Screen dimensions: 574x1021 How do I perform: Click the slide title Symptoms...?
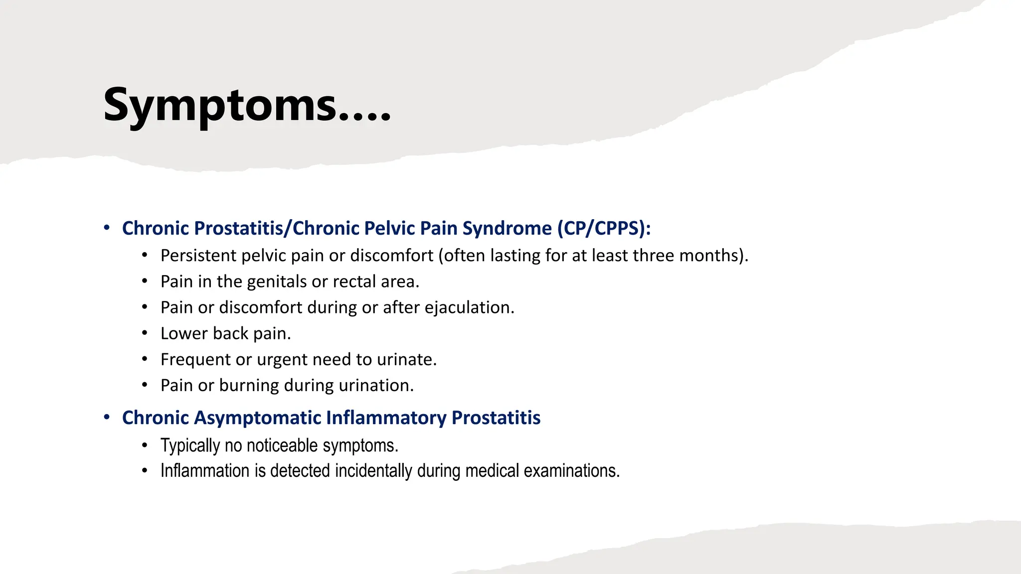[247, 106]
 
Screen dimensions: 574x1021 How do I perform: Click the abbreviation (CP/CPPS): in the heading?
[604, 228]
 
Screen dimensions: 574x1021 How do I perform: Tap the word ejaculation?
[469, 307]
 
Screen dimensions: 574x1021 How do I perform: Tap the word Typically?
[190, 445]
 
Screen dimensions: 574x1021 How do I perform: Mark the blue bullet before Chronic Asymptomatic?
[107, 417]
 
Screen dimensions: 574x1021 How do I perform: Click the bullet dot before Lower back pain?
[145, 333]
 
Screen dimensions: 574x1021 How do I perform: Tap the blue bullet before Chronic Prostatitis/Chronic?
[107, 228]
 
